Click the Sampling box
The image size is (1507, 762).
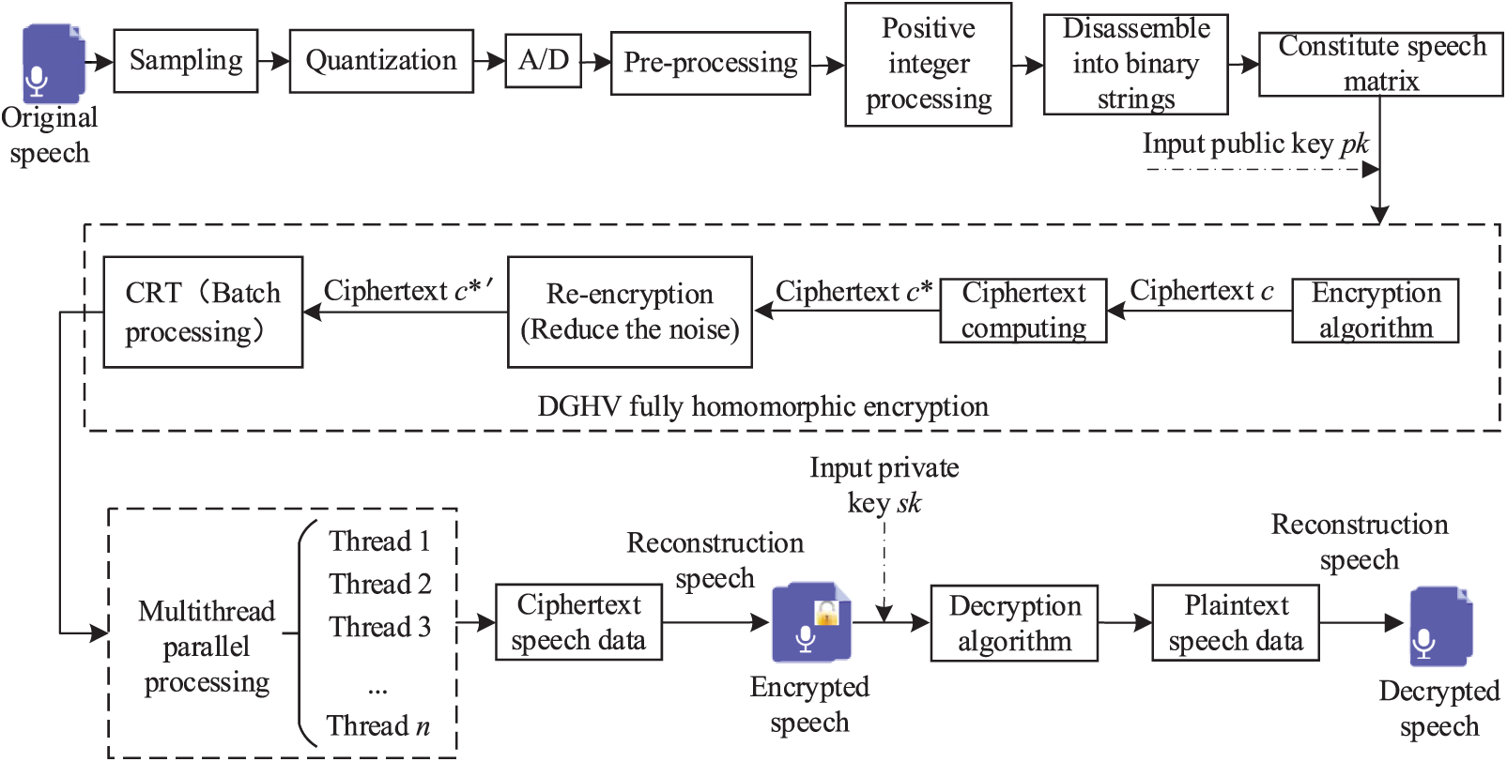pyautogui.click(x=186, y=61)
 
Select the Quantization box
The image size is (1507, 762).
pyautogui.click(x=381, y=61)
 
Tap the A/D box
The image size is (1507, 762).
pyautogui.click(x=543, y=61)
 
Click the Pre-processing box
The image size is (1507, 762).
pyautogui.click(x=710, y=63)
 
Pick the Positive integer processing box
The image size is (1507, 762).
pyautogui.click(x=928, y=64)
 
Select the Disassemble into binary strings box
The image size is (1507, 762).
pyautogui.click(x=1135, y=64)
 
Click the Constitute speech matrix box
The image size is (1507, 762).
pyautogui.click(x=1380, y=64)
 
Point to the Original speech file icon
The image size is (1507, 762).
pyautogui.click(x=54, y=64)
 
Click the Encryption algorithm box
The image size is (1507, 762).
pyautogui.click(x=1375, y=311)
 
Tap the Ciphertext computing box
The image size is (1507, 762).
pyautogui.click(x=1023, y=311)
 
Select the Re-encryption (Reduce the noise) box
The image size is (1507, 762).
pyautogui.click(x=629, y=312)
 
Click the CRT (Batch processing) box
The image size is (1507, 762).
pyautogui.click(x=203, y=312)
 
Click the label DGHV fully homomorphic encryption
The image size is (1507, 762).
pyautogui.click(x=762, y=406)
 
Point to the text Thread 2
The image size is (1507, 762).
pyautogui.click(x=379, y=584)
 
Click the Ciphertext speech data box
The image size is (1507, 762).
pyautogui.click(x=578, y=622)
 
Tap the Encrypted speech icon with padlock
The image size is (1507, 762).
pyautogui.click(x=811, y=622)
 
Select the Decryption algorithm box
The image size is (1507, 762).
pyautogui.click(x=1014, y=623)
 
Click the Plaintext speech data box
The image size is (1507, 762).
pyautogui.click(x=1236, y=623)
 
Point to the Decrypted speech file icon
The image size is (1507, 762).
pyautogui.click(x=1441, y=627)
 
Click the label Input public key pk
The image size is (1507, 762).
pyautogui.click(x=1254, y=144)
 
